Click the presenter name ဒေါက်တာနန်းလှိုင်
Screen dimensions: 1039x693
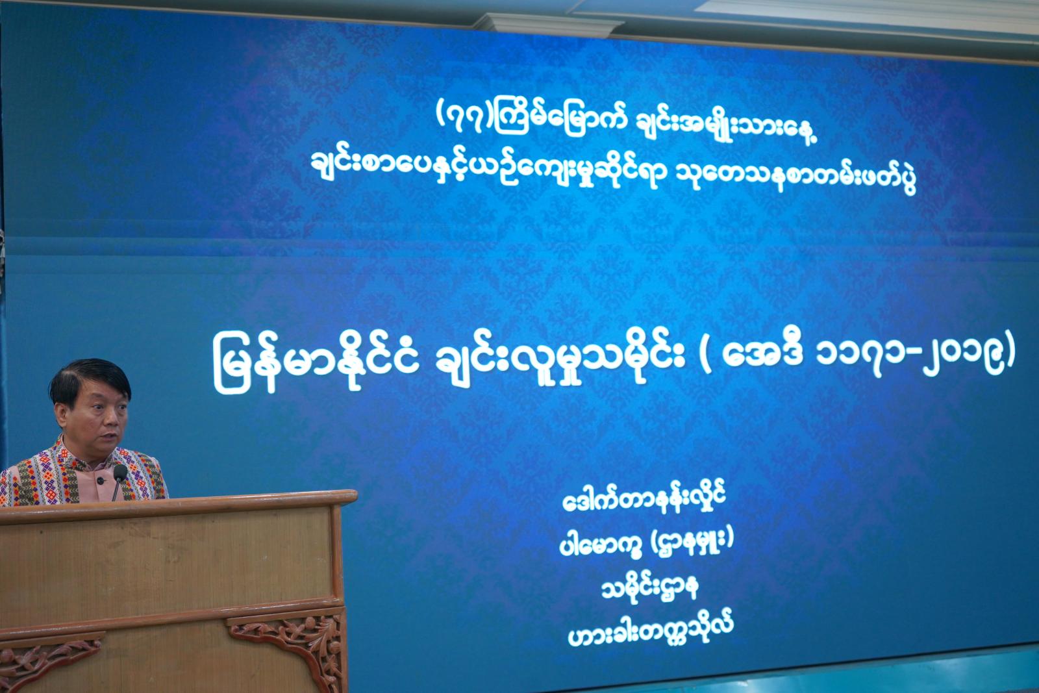coord(644,499)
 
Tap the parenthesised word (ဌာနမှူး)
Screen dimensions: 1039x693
coord(692,540)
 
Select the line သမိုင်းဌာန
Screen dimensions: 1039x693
coord(650,588)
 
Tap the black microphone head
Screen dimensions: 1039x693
coord(120,472)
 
